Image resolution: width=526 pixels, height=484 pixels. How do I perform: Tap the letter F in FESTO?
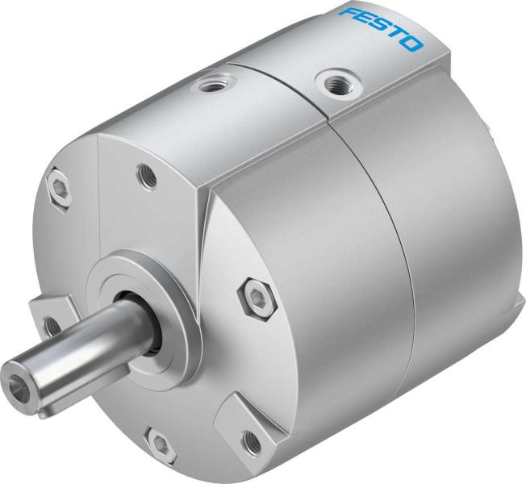click(349, 14)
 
